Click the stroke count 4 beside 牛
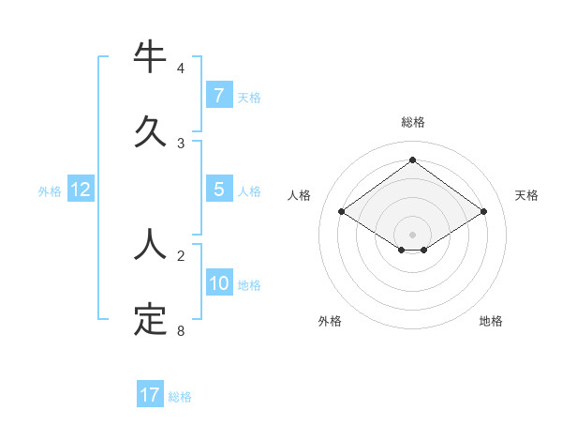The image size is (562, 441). (x=181, y=68)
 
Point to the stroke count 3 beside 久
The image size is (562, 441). (x=181, y=144)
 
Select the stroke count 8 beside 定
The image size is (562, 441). (x=181, y=331)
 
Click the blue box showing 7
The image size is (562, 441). (x=218, y=95)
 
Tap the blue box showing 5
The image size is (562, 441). (x=218, y=190)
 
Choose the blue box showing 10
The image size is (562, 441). (x=218, y=283)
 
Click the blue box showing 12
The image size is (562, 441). (x=81, y=190)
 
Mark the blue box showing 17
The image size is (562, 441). (x=150, y=395)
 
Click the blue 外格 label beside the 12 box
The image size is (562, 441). (x=50, y=191)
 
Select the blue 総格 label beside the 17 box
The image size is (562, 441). (x=180, y=397)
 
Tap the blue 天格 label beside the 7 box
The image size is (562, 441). (x=249, y=97)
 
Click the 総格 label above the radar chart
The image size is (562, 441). (x=412, y=122)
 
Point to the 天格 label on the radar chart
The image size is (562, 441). (x=527, y=195)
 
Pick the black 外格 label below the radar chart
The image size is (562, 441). (x=330, y=321)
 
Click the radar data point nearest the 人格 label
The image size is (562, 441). (x=342, y=212)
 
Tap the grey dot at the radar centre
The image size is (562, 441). (x=412, y=234)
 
